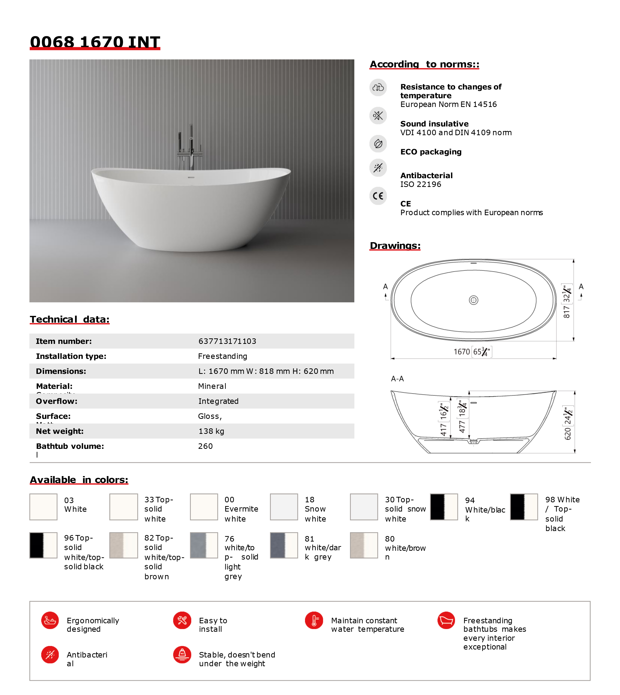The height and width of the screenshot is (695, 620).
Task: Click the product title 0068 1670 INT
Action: (x=95, y=42)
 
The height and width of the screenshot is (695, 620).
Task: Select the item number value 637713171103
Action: (x=227, y=341)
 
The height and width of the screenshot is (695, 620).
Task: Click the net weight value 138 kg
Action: (x=211, y=431)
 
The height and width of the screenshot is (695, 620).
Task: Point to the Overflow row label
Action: (x=56, y=401)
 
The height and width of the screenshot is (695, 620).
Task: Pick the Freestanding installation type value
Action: (x=222, y=356)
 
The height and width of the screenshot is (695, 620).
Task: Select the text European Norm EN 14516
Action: (x=448, y=104)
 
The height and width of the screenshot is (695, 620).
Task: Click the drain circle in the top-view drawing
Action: (x=473, y=300)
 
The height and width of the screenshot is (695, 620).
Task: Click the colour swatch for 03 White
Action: (x=43, y=507)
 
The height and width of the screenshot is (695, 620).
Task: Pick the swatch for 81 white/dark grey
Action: (x=284, y=545)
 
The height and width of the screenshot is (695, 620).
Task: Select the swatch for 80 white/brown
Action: (x=364, y=545)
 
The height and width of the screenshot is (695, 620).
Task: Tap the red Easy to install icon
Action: (x=182, y=620)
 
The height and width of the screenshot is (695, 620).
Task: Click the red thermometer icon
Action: (x=314, y=620)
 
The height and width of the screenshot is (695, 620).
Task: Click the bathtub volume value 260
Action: (x=205, y=446)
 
